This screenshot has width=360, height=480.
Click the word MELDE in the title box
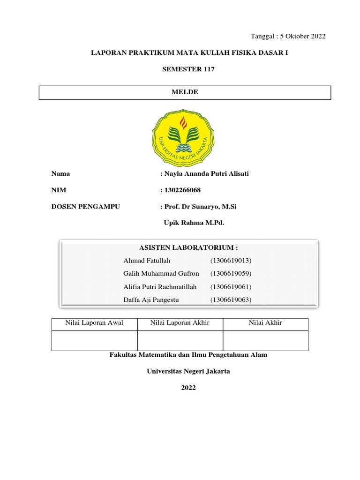click(185, 92)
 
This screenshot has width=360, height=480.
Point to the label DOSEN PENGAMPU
click(86, 206)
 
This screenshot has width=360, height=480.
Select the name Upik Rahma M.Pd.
click(194, 223)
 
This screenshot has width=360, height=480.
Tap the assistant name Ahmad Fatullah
click(147, 261)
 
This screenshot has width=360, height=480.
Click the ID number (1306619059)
click(231, 274)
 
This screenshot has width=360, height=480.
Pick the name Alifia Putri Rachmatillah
click(160, 287)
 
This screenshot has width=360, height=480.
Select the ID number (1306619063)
click(231, 300)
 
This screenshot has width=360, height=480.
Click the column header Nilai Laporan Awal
click(94, 323)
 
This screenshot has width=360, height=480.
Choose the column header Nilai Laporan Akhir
click(180, 323)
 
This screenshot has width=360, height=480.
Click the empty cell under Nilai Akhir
click(265, 341)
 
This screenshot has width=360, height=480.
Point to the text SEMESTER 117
click(188, 69)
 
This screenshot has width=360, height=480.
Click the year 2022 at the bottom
click(188, 388)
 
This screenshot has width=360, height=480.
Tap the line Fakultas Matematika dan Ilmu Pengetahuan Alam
click(188, 355)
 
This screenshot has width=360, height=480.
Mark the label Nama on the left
click(60, 174)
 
